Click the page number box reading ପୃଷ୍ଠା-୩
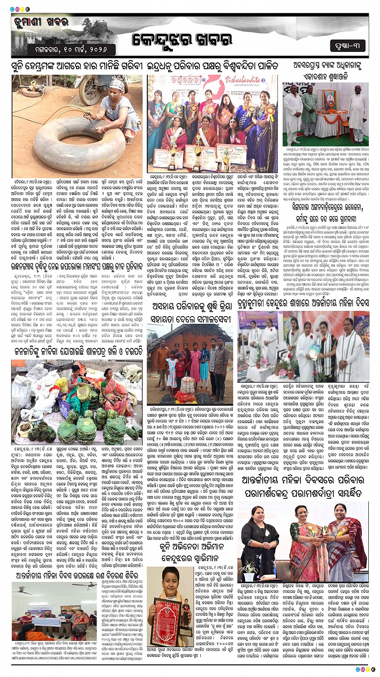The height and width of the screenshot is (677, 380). click(x=348, y=46)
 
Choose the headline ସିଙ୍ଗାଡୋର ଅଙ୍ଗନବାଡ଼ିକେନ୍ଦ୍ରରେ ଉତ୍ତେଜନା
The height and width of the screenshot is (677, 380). click(x=328, y=207)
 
